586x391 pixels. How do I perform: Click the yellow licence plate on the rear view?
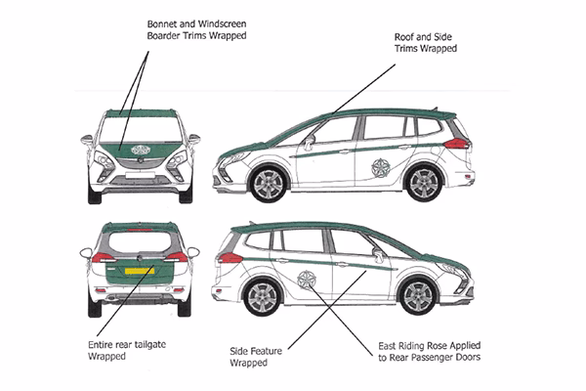[139, 271]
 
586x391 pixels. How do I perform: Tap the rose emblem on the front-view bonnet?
[140, 150]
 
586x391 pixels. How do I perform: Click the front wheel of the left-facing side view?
[267, 183]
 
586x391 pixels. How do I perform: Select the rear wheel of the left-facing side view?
[424, 183]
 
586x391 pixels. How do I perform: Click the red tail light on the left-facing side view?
[455, 143]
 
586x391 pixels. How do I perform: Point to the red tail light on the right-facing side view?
[230, 257]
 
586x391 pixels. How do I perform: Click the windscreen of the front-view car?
[140, 127]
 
